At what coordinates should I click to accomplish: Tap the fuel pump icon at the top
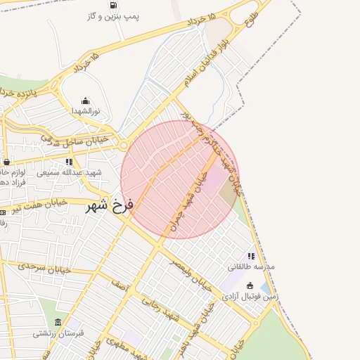click(x=113, y=4)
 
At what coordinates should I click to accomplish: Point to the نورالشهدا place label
click(x=86, y=111)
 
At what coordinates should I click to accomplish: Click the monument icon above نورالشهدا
click(x=86, y=101)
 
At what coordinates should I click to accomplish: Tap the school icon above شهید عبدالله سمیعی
click(x=69, y=162)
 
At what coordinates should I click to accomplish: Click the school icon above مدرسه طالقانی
click(x=251, y=256)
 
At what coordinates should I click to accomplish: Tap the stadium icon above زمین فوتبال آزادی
click(x=250, y=285)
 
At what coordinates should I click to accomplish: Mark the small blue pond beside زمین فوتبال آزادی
click(x=266, y=288)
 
